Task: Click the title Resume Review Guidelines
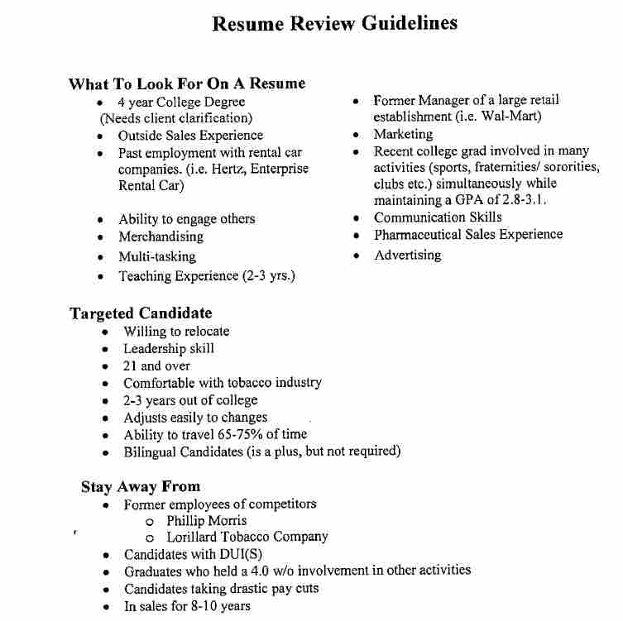[x=335, y=23]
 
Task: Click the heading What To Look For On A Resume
[x=187, y=84]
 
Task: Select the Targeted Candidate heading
[x=141, y=313]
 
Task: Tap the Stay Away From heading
[x=141, y=486]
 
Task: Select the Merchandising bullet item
[x=161, y=236]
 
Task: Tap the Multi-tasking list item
[x=157, y=256]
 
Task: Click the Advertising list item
[x=407, y=256]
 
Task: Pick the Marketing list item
[x=403, y=134]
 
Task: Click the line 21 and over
[x=156, y=365]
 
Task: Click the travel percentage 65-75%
[x=226, y=434]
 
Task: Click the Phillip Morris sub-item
[x=206, y=521]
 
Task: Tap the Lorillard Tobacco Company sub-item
[x=247, y=537]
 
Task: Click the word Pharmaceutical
[x=417, y=235]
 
